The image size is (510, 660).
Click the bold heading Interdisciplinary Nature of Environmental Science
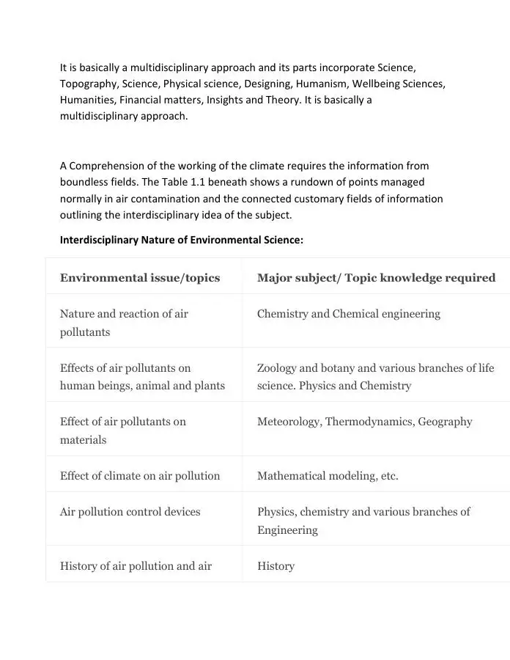click(181, 240)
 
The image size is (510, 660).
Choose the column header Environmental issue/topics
click(140, 277)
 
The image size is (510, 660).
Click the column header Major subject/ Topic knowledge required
click(376, 277)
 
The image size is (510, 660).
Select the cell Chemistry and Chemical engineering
click(349, 314)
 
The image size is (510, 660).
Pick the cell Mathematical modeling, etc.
click(328, 476)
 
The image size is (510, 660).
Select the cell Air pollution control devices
click(130, 512)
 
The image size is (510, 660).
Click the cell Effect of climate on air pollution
click(140, 476)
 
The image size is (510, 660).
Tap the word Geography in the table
click(445, 422)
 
